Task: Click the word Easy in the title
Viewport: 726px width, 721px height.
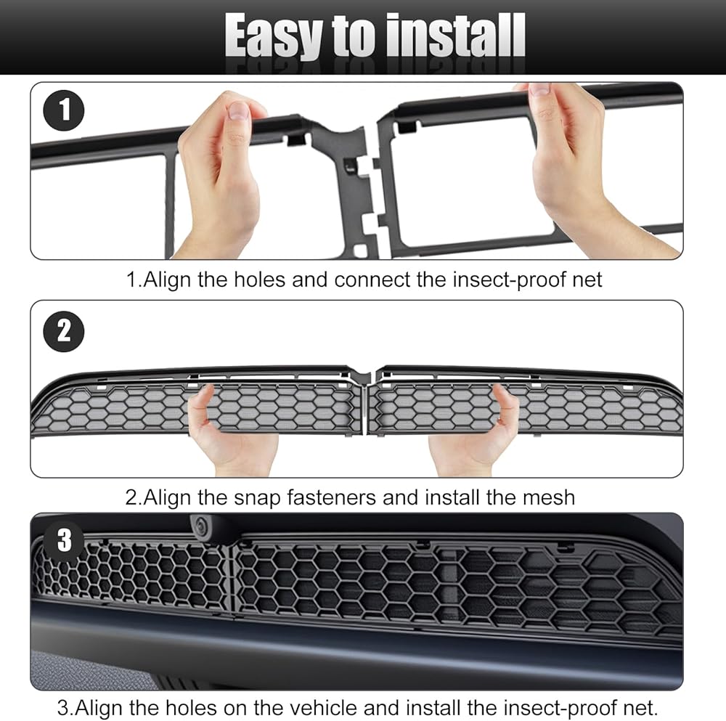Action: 274,37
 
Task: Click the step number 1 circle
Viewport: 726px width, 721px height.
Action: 64,110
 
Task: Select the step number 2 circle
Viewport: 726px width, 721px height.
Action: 64,332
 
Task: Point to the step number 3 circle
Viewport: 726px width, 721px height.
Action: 64,540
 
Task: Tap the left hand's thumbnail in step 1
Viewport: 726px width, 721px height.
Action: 240,111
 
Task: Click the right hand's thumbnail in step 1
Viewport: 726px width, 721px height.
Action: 539,89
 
